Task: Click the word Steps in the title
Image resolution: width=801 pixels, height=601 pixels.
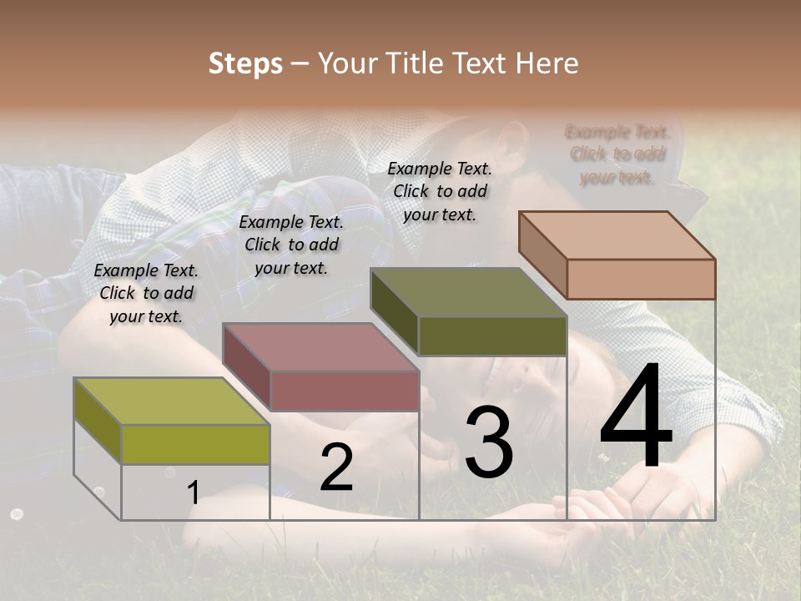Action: click(x=245, y=63)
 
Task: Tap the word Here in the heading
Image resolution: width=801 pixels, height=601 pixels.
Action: click(x=547, y=63)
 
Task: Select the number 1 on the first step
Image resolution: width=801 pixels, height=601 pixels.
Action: click(x=194, y=492)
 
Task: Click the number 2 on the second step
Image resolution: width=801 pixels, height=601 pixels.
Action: click(x=336, y=467)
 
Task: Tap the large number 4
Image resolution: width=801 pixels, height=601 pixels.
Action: click(x=636, y=417)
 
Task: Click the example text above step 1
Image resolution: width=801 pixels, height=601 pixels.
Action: click(x=146, y=293)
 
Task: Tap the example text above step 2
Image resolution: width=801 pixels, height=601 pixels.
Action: click(x=291, y=245)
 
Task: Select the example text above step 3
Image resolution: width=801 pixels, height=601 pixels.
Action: click(x=440, y=191)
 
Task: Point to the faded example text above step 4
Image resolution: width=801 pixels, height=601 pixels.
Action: click(x=617, y=154)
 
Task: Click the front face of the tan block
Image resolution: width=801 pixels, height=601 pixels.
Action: click(x=641, y=279)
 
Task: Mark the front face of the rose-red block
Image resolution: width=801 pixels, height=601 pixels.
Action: click(x=345, y=391)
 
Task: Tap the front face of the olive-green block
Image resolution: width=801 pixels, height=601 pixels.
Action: click(x=492, y=336)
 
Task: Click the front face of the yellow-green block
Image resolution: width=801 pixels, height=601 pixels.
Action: click(x=195, y=444)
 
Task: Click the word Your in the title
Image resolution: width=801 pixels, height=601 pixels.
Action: click(x=350, y=63)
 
